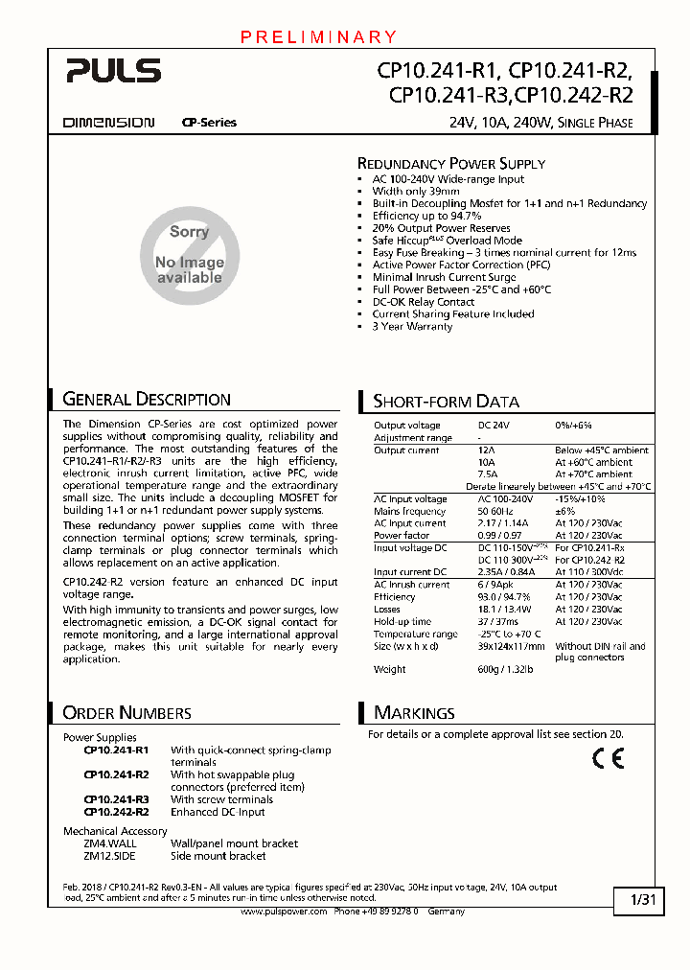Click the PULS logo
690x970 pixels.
113,70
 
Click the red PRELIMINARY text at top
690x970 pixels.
318,37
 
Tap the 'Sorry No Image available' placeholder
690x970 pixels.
190,255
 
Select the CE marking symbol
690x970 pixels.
608,758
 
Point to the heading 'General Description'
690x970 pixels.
147,400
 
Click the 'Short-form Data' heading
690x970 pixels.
446,402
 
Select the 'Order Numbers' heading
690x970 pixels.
126,713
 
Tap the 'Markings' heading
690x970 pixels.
414,713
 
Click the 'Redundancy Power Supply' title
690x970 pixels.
451,164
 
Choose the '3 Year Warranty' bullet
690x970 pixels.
412,327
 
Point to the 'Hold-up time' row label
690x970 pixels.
402,622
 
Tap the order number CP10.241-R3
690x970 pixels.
116,799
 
